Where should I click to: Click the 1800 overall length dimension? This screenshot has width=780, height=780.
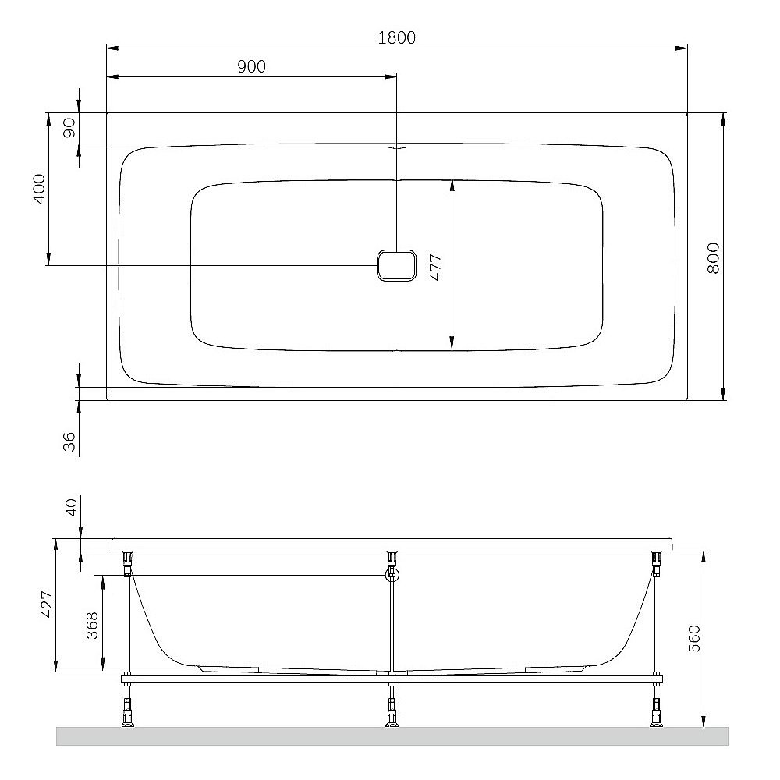[x=396, y=37]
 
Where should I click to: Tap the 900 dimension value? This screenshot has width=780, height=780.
[x=251, y=66]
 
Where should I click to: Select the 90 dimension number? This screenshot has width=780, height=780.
[x=69, y=128]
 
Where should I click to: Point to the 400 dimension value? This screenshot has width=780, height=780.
[x=39, y=189]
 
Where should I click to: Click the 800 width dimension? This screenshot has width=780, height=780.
[x=713, y=257]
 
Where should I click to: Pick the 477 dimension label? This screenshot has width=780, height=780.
[x=435, y=267]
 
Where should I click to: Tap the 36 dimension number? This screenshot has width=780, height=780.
[x=69, y=441]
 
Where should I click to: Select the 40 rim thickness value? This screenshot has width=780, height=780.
[x=72, y=508]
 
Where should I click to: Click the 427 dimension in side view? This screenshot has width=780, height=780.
[x=46, y=604]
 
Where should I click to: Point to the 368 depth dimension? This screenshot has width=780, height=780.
[x=92, y=626]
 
